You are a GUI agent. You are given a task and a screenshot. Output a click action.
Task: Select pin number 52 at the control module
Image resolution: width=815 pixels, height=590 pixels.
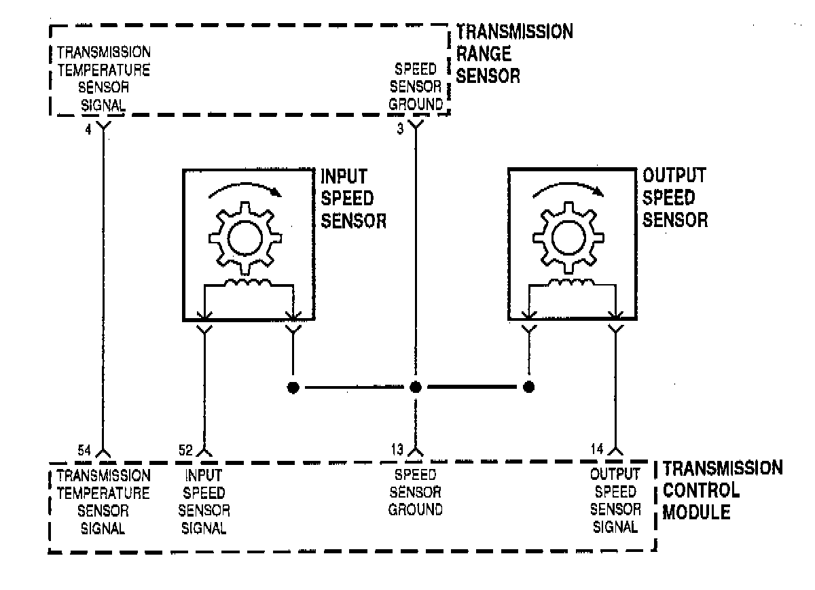pyautogui.click(x=185, y=449)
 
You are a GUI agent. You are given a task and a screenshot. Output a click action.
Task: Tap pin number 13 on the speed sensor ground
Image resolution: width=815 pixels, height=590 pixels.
pyautogui.click(x=397, y=449)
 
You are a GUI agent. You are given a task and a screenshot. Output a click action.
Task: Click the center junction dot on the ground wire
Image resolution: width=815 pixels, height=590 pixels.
pyautogui.click(x=416, y=387)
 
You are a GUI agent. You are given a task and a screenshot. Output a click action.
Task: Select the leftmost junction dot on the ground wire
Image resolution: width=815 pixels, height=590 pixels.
pyautogui.click(x=293, y=387)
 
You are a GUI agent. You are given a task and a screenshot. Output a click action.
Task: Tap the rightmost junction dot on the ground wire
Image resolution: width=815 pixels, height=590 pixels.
pyautogui.click(x=528, y=387)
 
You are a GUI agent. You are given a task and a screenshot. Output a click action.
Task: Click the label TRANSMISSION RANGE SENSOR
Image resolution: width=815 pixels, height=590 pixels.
pyautogui.click(x=514, y=53)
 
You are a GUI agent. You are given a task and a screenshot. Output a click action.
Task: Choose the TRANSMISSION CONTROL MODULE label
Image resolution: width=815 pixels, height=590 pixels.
pyautogui.click(x=721, y=490)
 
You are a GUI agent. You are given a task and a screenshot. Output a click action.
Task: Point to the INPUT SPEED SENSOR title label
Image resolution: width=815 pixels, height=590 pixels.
pyautogui.click(x=353, y=198)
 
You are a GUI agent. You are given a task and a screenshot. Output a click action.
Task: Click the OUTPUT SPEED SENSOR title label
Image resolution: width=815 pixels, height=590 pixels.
pyautogui.click(x=676, y=198)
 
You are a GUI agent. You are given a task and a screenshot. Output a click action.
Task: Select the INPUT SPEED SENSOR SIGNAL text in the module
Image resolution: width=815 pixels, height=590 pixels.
pyautogui.click(x=204, y=501)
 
